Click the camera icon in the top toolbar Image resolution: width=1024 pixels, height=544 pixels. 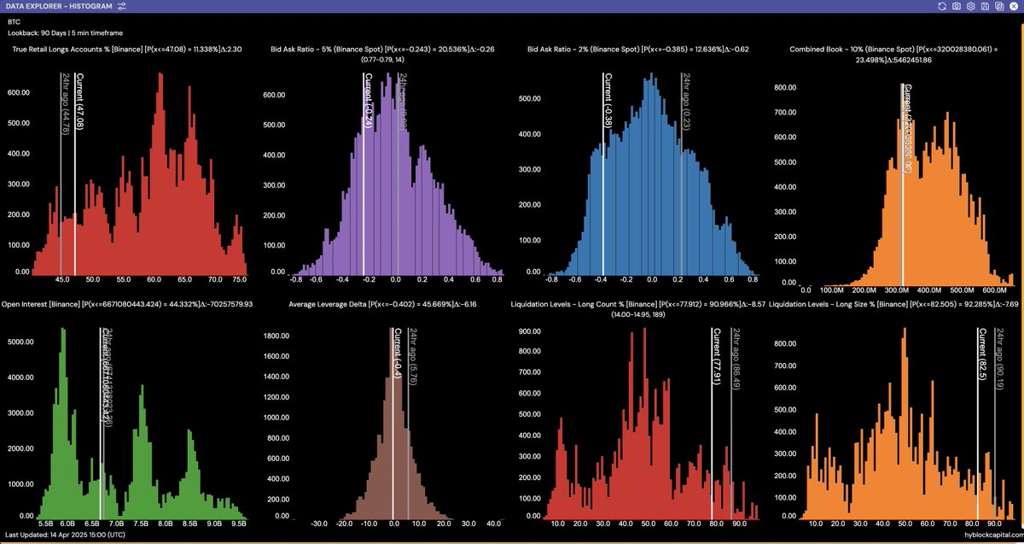[x=957, y=6]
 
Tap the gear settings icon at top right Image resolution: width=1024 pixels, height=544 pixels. [x=970, y=6]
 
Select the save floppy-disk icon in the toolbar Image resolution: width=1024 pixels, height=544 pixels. [x=984, y=6]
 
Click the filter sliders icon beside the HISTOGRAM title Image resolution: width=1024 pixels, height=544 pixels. [x=122, y=6]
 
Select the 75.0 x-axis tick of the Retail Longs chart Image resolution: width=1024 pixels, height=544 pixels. [x=240, y=279]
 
